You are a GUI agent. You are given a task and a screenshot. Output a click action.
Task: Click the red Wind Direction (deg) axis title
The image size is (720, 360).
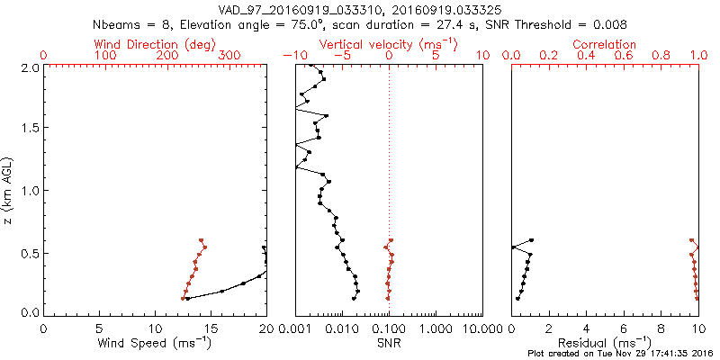(x=156, y=44)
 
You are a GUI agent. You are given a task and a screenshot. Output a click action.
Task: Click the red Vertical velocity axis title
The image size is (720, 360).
(x=388, y=44)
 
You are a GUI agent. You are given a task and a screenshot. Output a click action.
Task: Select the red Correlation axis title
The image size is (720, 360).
(x=605, y=44)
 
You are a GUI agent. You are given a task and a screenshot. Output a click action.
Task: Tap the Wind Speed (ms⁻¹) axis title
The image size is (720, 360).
(x=155, y=342)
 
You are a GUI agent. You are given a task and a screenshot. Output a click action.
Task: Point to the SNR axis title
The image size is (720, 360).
(x=388, y=342)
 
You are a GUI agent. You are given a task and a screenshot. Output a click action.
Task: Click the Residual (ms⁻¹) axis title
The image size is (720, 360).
(x=605, y=342)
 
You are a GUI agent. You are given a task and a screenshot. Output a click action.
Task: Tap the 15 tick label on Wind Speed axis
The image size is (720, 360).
(x=211, y=328)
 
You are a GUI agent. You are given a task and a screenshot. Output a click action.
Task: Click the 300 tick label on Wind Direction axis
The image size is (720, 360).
(x=229, y=56)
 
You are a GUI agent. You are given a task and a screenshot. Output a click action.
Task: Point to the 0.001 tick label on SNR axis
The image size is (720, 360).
(x=295, y=328)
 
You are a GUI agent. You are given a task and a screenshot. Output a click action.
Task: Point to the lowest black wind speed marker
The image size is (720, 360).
(x=187, y=299)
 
